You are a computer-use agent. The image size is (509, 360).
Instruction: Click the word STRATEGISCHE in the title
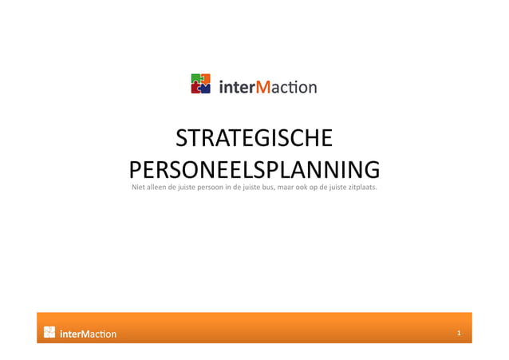pos(254,139)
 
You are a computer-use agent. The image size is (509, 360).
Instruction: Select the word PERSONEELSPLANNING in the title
pos(254,169)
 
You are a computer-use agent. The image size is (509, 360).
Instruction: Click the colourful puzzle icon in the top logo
pos(201,84)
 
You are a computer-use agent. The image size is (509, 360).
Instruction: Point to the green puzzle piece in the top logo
pos(195,78)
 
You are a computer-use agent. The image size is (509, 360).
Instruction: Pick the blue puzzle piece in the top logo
pos(205,89)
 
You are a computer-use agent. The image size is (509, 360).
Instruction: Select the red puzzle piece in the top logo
pos(195,89)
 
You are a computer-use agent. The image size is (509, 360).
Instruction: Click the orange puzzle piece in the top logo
pos(206,78)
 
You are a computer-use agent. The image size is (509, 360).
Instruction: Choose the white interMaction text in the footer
pos(89,334)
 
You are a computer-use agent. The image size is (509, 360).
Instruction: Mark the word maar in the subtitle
pos(284,188)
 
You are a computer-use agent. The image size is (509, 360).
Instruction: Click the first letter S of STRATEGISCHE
pos(181,139)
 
